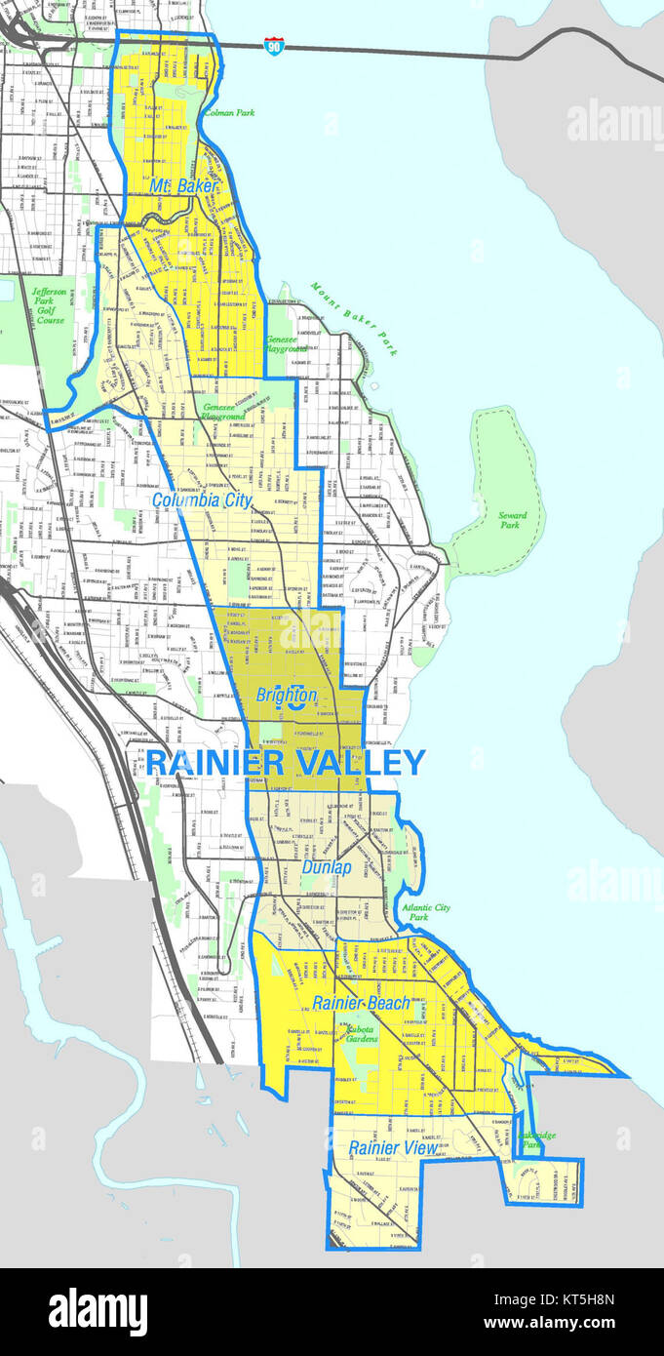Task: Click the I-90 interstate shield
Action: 274,46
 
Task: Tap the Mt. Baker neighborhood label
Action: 184,184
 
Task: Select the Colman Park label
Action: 229,113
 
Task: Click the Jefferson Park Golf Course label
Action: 48,306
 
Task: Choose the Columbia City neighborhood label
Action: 202,499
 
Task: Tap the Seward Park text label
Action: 512,520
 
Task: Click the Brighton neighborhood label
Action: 287,696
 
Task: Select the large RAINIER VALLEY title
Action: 286,762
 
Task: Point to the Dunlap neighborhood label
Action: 326,866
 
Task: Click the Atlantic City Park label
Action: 426,912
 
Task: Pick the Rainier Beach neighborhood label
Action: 361,1003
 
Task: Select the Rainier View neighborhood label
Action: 393,1148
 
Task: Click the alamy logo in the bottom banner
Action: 98,1312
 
